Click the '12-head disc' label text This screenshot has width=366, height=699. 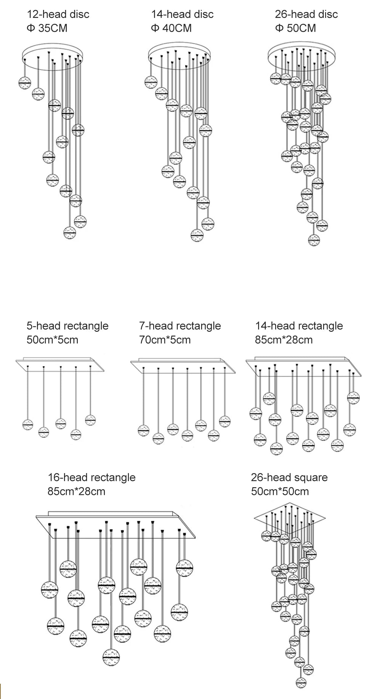click(58, 14)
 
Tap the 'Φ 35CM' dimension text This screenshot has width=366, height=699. click(47, 28)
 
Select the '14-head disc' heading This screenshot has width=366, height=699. click(182, 14)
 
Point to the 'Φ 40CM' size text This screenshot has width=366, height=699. click(171, 28)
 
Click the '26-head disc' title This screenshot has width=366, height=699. click(306, 14)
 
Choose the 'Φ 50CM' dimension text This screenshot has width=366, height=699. click(295, 28)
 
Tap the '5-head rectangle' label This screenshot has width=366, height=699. click(67, 326)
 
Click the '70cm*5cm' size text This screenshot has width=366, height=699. click(165, 340)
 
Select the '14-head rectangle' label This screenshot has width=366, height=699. click(299, 326)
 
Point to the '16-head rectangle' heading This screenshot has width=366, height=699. click(91, 478)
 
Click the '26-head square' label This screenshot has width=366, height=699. click(289, 478)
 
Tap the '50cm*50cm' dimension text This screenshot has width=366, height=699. click(280, 491)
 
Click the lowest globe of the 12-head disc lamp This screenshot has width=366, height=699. click(70, 232)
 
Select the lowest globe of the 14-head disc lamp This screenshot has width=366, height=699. click(197, 235)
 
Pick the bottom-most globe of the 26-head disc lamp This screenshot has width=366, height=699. click(314, 240)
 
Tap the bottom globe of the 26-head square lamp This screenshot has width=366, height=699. click(301, 682)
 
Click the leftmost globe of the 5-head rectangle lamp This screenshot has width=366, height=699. click(28, 424)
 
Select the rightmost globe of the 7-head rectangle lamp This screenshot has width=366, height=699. click(225, 421)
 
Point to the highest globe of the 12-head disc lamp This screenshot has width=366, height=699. click(25, 82)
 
